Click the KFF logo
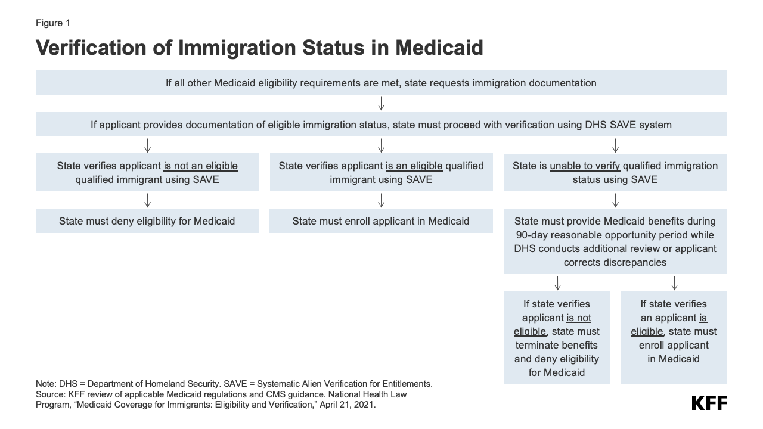(x=709, y=403)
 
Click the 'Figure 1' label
(x=53, y=23)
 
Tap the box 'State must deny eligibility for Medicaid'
(x=147, y=221)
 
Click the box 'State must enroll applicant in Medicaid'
(x=381, y=221)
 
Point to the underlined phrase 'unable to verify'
(x=585, y=166)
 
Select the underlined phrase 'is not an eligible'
(x=201, y=166)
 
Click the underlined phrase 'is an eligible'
(x=414, y=166)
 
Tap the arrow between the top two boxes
(x=381, y=103)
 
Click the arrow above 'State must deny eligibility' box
(x=147, y=200)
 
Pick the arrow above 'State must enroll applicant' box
(x=381, y=200)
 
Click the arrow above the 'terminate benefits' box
(x=557, y=282)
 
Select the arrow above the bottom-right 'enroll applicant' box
(x=674, y=282)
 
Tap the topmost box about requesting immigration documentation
(x=381, y=83)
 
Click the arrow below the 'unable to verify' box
(x=615, y=200)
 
